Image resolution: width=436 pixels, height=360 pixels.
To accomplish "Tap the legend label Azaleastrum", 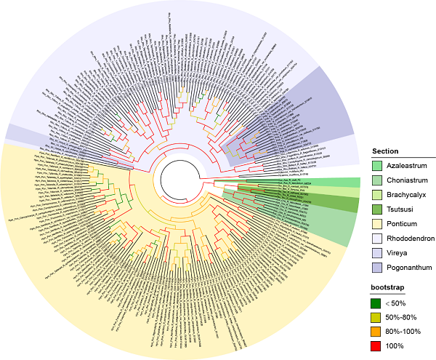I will point(406,166).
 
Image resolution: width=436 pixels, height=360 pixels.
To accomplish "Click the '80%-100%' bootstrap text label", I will point(405,332).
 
